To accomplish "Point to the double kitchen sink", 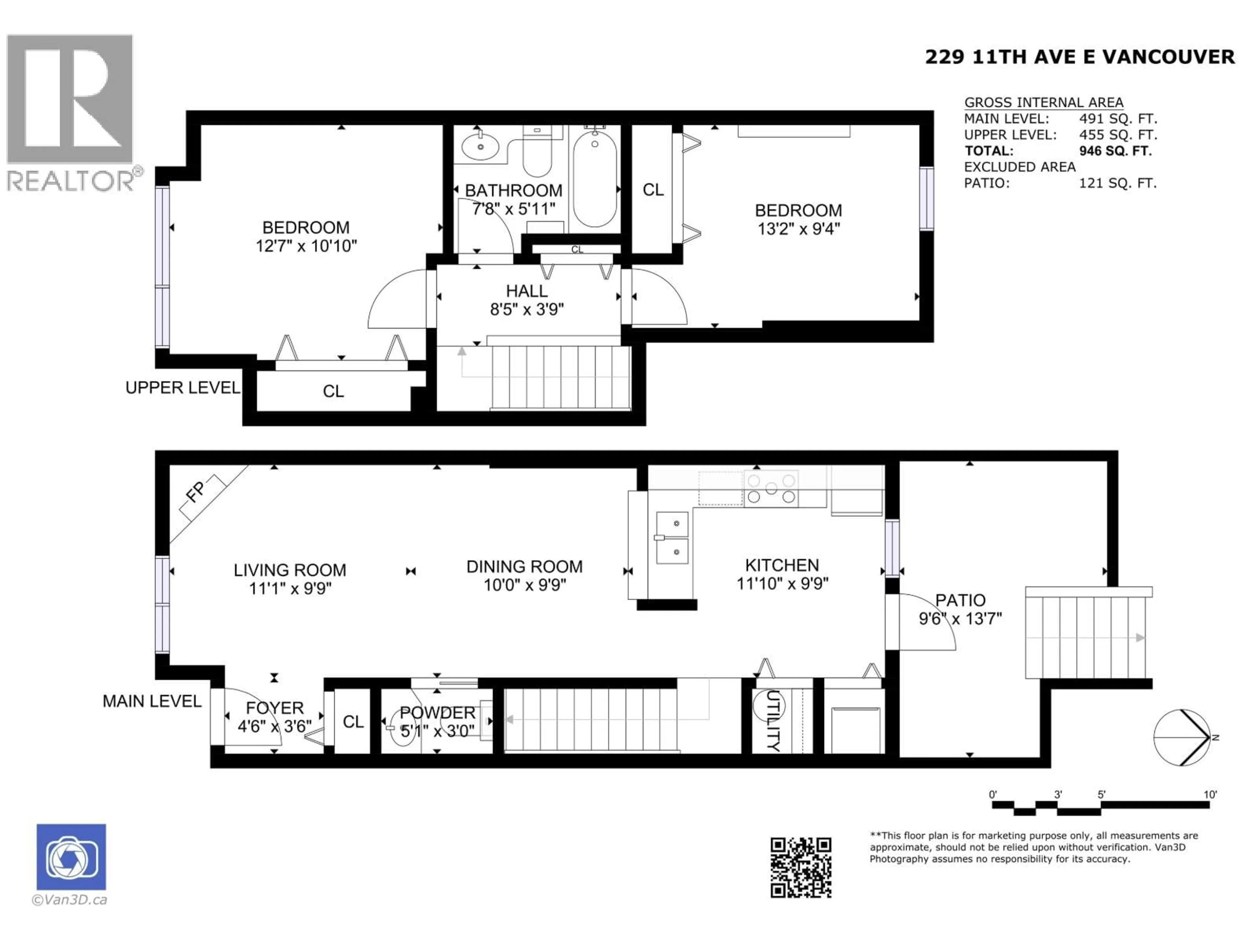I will pos(672,538).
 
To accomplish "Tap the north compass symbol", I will pos(1182,737).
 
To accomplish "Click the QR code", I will pos(801,867).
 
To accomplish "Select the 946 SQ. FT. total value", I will pos(1115,151).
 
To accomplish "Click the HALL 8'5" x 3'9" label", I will pos(527,300).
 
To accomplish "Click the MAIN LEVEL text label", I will pos(152,701).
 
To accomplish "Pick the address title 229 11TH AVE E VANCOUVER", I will pos(1080,57).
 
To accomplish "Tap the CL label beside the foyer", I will pos(353,722).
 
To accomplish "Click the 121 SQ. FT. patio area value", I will pos(1117,183).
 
